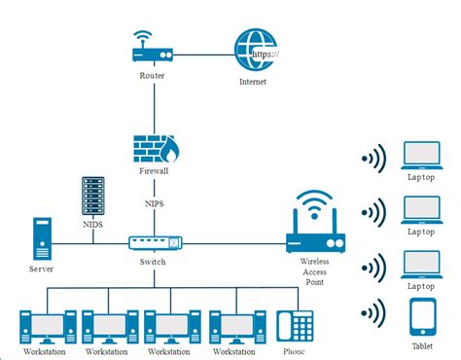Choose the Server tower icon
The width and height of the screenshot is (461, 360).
pos(41,237)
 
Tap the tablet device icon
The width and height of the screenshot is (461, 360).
pos(422,317)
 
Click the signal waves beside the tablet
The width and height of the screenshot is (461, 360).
pos(372,313)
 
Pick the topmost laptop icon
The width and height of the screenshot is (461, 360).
pos(422,153)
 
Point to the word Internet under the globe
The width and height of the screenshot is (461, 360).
pos(252,83)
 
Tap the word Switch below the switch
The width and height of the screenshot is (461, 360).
pos(153,262)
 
